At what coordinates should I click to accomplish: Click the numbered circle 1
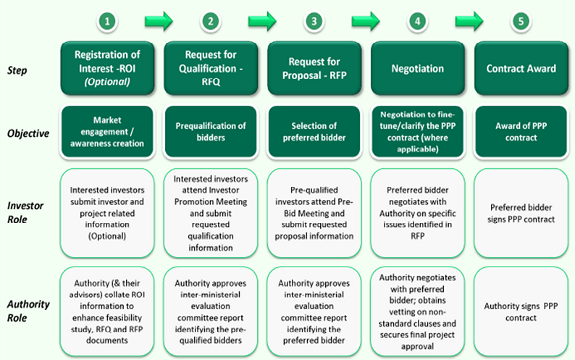point(107,22)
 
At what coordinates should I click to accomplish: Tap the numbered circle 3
point(314,22)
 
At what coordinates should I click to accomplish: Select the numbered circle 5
point(521,22)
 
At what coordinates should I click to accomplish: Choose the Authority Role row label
point(28,310)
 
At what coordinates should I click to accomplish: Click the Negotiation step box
point(417,69)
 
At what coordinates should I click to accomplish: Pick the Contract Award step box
point(521,69)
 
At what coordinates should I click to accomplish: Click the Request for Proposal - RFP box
point(314,69)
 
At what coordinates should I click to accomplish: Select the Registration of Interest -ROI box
point(106,69)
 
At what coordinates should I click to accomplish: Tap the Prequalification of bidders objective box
point(210,133)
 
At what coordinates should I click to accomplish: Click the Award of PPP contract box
point(521,133)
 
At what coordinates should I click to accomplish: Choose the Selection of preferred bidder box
point(314,133)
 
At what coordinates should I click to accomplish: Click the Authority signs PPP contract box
point(521,311)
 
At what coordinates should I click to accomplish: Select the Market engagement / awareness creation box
point(106,133)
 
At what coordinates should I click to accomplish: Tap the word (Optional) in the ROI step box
point(106,83)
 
